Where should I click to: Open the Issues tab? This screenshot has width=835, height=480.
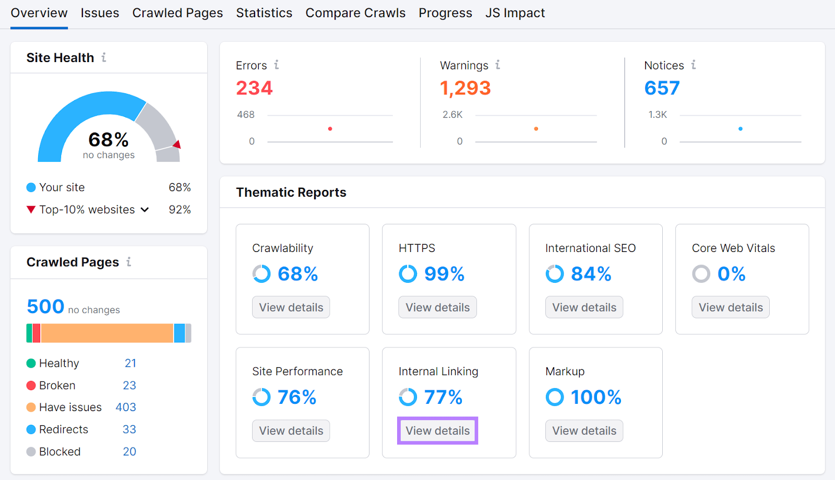[x=100, y=13]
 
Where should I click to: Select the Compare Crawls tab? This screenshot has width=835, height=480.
[x=355, y=13]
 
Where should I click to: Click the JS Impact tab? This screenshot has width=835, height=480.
[x=515, y=13]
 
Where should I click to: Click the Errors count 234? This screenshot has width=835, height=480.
[x=254, y=88]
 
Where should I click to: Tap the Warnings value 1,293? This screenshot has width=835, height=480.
[x=465, y=88]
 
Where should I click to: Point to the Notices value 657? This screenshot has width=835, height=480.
[x=662, y=88]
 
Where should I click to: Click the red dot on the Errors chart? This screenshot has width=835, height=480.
[x=330, y=128]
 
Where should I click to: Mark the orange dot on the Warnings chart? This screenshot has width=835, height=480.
[x=536, y=128]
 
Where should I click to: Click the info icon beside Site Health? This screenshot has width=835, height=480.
[x=104, y=57]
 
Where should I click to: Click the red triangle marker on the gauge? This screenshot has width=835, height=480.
[x=177, y=145]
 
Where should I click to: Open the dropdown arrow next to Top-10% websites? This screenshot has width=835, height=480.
[x=145, y=210]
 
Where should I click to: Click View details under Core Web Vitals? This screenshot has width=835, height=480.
[x=731, y=307]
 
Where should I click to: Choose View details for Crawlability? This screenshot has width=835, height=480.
[x=291, y=307]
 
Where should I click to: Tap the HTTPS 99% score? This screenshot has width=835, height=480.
[x=444, y=274]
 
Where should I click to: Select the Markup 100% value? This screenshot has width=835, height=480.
[x=596, y=398]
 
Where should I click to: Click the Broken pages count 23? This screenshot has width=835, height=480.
[x=129, y=386]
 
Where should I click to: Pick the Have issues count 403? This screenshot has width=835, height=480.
[x=126, y=407]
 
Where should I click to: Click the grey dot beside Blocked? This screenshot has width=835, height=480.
[x=31, y=452]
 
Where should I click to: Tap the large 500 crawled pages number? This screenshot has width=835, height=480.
[x=45, y=307]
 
